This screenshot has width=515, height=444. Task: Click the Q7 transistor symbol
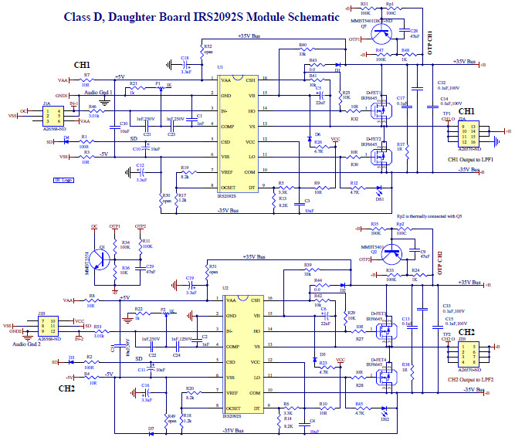point(380,32)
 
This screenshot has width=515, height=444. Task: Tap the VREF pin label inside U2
point(234,393)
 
